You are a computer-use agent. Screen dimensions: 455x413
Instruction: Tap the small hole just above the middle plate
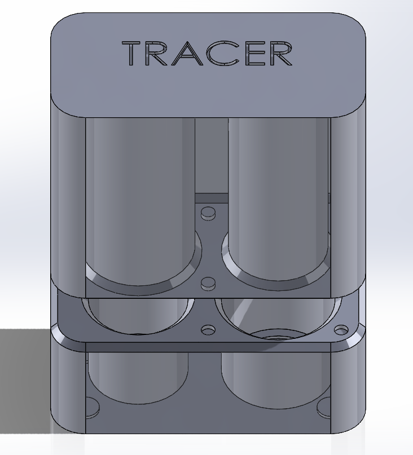coord(209,283)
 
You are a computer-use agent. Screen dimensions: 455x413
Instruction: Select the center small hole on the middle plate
coord(209,329)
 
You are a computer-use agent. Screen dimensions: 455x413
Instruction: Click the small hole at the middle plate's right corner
coord(342,329)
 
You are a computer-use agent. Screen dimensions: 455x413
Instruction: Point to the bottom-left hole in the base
coord(92,405)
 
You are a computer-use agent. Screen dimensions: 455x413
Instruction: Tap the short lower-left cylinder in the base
coord(135,372)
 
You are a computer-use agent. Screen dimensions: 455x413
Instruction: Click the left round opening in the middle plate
coord(138,313)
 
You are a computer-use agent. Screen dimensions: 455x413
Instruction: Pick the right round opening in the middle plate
coord(276,316)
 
